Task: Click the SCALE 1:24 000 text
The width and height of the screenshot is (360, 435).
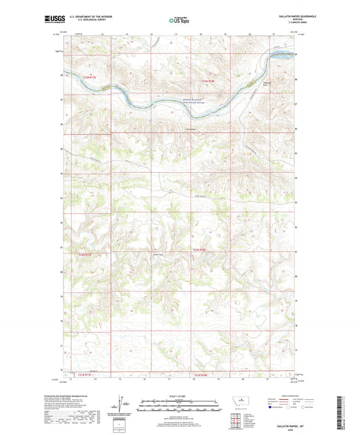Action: click(x=180, y=396)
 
